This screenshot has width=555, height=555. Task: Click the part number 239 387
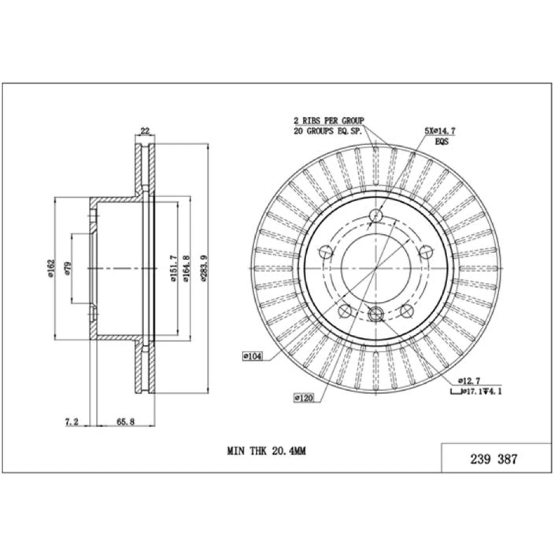click(494, 459)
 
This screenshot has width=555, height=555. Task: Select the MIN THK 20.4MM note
click(267, 451)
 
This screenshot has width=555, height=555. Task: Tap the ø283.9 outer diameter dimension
click(203, 268)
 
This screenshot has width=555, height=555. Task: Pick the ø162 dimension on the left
click(51, 268)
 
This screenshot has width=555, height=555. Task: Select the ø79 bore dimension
click(68, 268)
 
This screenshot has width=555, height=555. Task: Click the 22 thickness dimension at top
click(145, 131)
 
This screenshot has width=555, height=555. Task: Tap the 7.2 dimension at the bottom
click(72, 422)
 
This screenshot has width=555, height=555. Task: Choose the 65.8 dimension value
click(126, 422)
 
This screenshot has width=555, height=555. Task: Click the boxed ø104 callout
click(253, 357)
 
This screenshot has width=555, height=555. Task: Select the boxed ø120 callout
click(304, 398)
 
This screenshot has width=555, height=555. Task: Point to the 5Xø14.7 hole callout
click(440, 131)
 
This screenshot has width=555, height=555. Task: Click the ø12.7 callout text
click(469, 381)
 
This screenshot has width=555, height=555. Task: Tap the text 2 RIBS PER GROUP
click(329, 121)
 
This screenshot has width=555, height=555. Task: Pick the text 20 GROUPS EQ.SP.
click(328, 131)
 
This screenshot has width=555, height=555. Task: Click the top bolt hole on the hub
click(376, 215)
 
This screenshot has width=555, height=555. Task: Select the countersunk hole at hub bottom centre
click(376, 314)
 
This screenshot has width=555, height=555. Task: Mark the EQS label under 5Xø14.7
click(441, 141)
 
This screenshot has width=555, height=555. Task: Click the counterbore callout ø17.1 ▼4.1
click(476, 391)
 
